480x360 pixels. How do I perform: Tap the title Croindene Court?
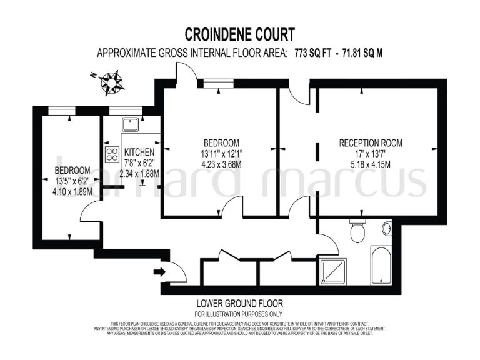[x=240, y=34]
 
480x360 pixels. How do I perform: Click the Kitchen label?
[x=139, y=152]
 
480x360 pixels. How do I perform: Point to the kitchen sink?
[x=131, y=124]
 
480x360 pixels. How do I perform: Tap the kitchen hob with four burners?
[x=112, y=153]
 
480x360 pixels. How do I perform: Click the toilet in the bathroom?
[x=357, y=233]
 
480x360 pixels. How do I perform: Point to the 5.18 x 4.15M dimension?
[x=365, y=165]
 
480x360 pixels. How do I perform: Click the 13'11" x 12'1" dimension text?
[x=217, y=154]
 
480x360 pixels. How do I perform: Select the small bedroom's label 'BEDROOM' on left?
[x=72, y=170]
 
